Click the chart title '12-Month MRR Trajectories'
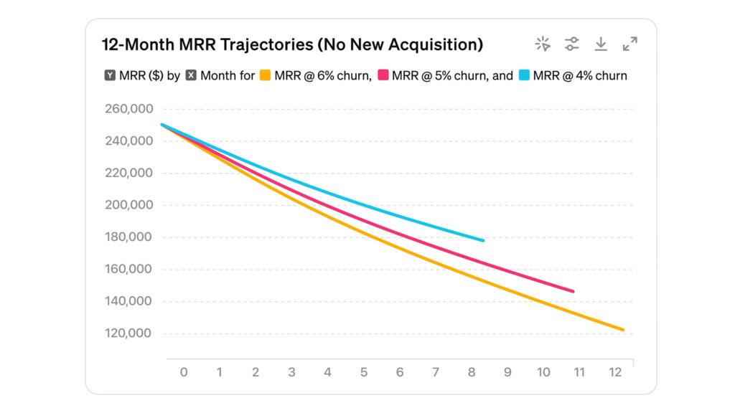coord(292,44)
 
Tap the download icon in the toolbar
coord(601,44)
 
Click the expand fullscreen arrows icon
coord(630,44)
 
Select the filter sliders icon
coord(571,44)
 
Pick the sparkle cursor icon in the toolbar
coord(543,44)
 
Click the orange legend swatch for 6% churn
coord(265,75)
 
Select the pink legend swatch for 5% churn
coord(383,75)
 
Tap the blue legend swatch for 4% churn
coord(523,75)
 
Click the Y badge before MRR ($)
coord(110,75)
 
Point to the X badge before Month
coord(191,75)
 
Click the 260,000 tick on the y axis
coord(128,109)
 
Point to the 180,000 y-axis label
coord(128,237)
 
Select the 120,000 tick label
coord(128,333)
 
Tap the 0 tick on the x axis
coord(184,373)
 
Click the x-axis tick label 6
coord(400,373)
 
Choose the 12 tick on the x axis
coord(615,373)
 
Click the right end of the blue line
coord(483,240)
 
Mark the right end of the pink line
coord(573,291)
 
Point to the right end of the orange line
coord(623,330)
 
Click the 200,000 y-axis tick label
coord(128,205)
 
